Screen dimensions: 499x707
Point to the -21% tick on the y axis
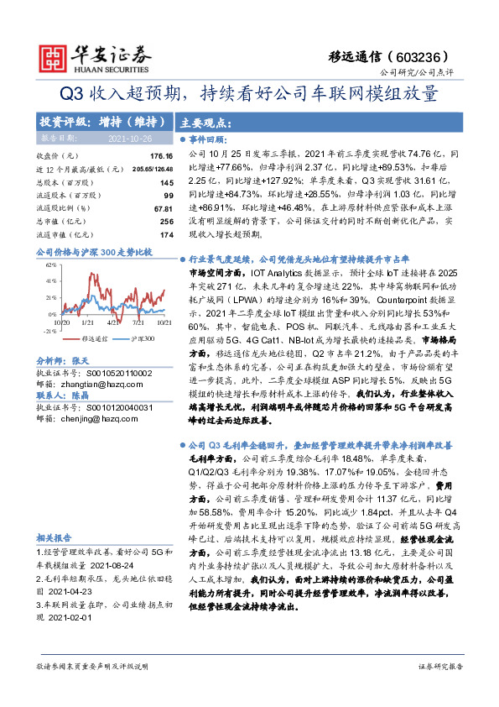49,332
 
